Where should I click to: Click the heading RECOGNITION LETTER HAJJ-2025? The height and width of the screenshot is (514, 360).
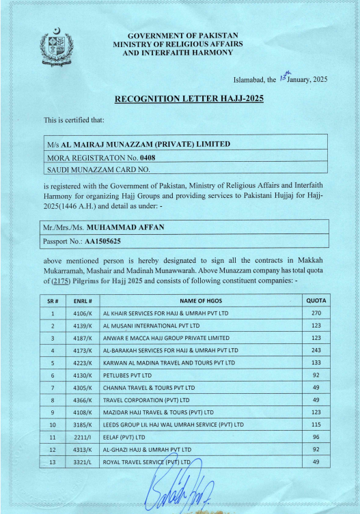coord(189,99)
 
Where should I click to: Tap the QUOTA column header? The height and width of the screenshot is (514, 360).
coord(316,300)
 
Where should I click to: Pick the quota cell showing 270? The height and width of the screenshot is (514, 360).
coord(316,313)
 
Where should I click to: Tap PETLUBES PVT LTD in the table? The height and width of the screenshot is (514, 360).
coord(127,375)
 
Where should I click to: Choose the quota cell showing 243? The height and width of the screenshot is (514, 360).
coord(316,350)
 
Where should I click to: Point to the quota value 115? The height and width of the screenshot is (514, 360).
coord(316,425)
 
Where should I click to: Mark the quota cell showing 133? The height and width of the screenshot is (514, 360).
coord(316,362)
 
